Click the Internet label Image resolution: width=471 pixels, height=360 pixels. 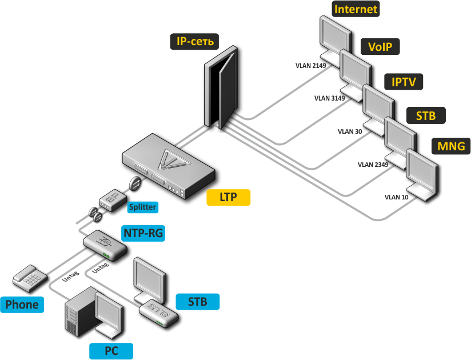pyautogui.click(x=356, y=9)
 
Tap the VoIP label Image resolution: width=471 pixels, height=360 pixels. pyautogui.click(x=380, y=47)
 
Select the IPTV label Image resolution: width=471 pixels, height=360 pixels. pyautogui.click(x=404, y=82)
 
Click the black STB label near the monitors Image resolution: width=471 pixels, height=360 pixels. pyautogui.click(x=426, y=116)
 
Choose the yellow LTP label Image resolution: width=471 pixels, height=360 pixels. pyautogui.click(x=228, y=198)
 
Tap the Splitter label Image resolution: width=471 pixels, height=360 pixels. pyautogui.click(x=142, y=207)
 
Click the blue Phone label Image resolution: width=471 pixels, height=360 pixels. pyautogui.click(x=22, y=304)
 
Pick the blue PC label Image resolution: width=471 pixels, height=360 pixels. pyautogui.click(x=111, y=351)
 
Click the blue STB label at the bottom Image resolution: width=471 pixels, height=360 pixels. pyautogui.click(x=197, y=301)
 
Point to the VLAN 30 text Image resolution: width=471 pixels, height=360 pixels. pyautogui.click(x=350, y=131)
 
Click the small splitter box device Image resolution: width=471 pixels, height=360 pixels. pyautogui.click(x=110, y=199)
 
